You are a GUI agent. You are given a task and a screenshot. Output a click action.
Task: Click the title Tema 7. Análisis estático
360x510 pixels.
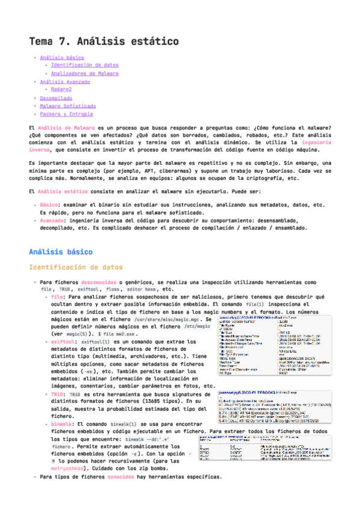click(103, 41)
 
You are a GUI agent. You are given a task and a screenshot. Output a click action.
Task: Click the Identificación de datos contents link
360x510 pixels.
click(85, 66)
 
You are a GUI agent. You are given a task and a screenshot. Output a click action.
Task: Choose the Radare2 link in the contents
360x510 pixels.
click(61, 90)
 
